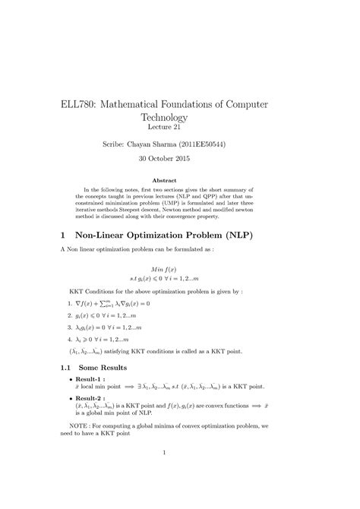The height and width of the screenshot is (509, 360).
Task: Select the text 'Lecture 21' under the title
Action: tap(179, 128)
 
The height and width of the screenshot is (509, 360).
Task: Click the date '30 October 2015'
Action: tap(179, 160)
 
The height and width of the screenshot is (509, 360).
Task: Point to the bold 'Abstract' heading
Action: tap(180, 180)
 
